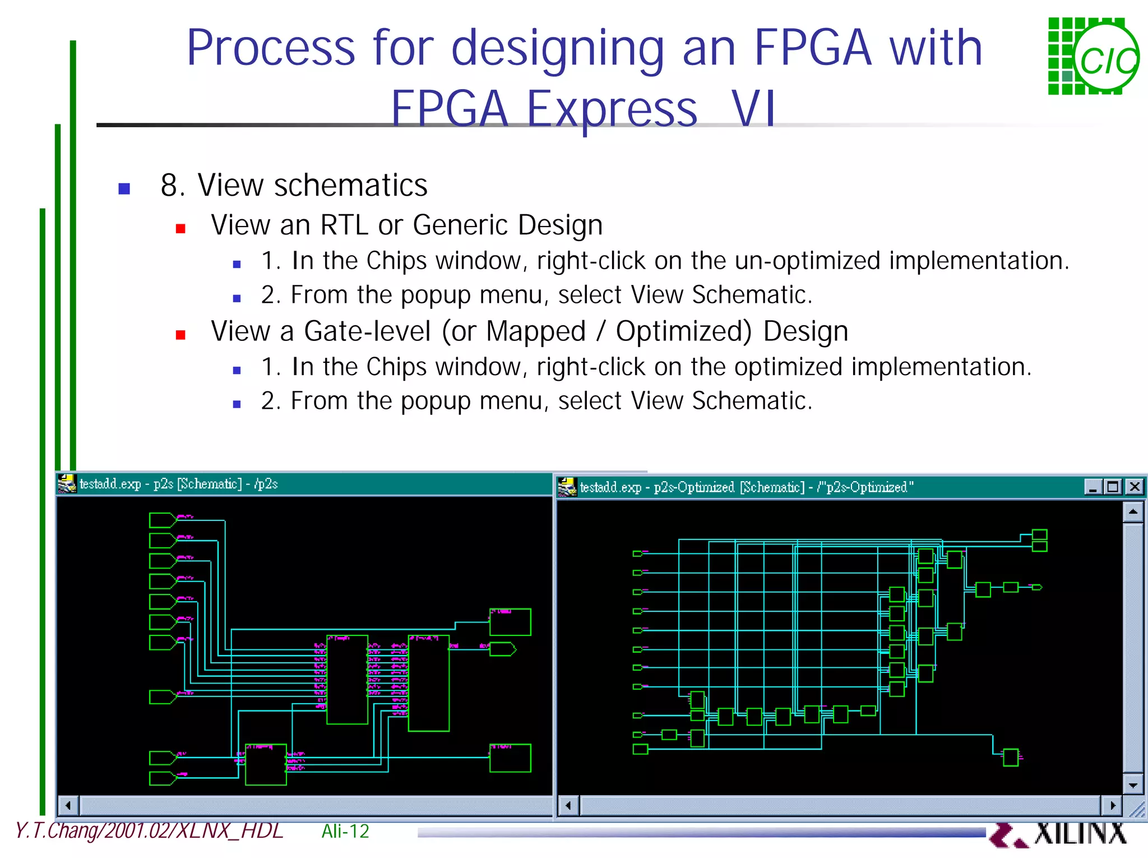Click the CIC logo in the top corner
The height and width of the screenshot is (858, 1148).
pos(1093,57)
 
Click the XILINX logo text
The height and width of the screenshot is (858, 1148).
pos(1079,833)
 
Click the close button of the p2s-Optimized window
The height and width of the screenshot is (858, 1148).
pos(1135,487)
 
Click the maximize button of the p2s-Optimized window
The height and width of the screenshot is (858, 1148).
pos(1113,487)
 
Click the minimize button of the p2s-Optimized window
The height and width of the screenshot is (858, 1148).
pos(1093,487)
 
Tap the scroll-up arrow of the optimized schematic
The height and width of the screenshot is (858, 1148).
pos(1133,512)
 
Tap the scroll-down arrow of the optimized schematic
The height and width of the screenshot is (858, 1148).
pos(1133,785)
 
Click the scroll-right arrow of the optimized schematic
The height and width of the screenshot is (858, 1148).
pos(1113,806)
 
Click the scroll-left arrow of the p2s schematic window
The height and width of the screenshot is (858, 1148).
pos(68,806)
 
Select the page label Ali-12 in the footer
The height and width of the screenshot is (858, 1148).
pos(345,831)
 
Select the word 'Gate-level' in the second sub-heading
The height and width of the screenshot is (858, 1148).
pos(367,331)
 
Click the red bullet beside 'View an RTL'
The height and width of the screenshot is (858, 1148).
pos(180,228)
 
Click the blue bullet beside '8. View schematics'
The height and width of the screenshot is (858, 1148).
pos(124,188)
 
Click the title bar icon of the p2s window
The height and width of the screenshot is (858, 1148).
pos(67,483)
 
